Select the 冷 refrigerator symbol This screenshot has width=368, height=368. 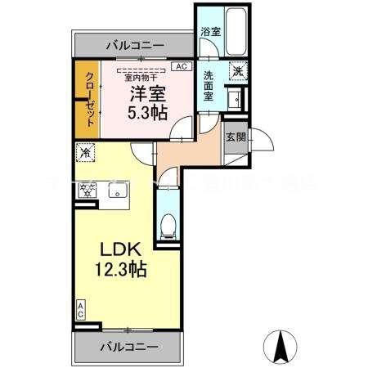85,152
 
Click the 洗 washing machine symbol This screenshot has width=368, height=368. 236,70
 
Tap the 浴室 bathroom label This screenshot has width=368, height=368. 211,32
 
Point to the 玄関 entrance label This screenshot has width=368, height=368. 237,137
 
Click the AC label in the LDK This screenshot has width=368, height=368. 81,309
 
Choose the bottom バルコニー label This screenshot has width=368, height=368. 128,348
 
